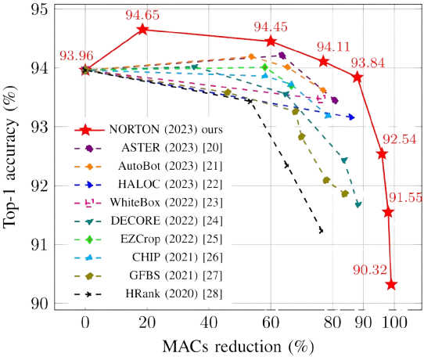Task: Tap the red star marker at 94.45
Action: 271,41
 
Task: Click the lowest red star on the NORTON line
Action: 391,284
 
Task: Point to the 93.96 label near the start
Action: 76,55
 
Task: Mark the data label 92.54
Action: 398,139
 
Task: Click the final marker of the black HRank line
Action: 322,231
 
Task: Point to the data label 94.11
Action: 333,46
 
